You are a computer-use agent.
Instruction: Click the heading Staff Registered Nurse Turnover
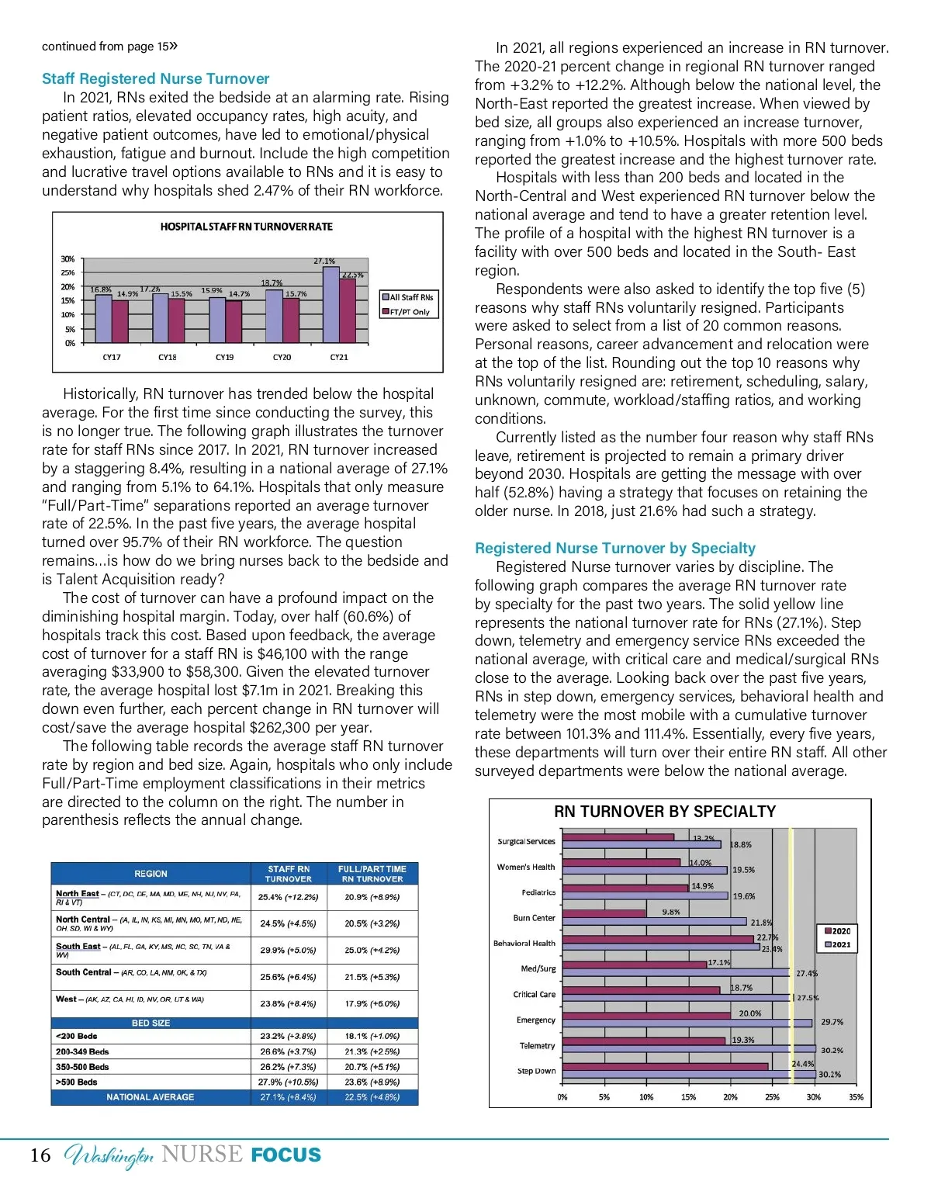(155, 78)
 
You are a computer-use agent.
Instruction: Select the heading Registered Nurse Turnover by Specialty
(614, 548)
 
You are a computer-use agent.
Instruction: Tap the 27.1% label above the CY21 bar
(324, 262)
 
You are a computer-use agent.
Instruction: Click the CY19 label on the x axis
(224, 358)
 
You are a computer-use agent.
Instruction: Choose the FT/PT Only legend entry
(409, 312)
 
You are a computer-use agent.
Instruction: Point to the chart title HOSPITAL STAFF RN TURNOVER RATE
(246, 227)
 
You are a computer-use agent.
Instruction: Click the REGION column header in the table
(151, 874)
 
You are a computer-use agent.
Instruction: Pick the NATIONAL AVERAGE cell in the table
(151, 1097)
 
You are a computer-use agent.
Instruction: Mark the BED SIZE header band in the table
(151, 1024)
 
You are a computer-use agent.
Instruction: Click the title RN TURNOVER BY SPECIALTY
(664, 812)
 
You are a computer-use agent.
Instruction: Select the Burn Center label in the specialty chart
(534, 918)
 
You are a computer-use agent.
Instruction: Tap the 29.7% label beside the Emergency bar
(832, 1022)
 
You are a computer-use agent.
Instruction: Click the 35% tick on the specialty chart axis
(856, 1097)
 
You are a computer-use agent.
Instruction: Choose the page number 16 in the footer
(40, 1155)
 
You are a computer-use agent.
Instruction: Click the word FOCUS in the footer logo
(286, 1155)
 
